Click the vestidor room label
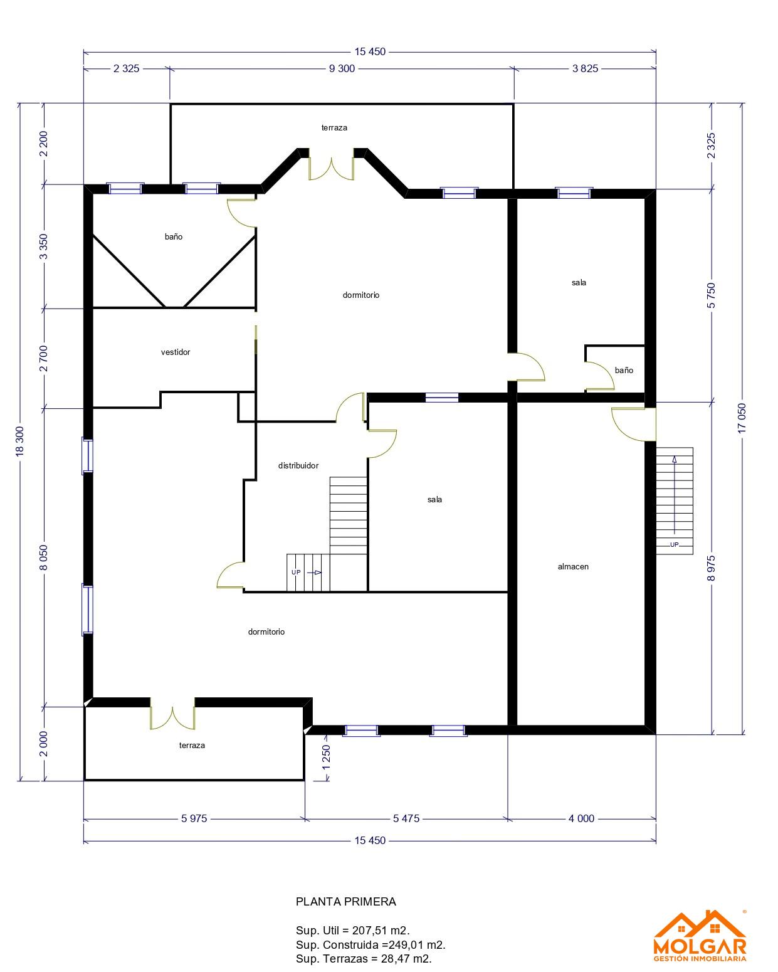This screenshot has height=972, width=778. point(175,352)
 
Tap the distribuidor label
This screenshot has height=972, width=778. point(298,465)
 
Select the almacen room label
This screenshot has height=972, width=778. point(572,566)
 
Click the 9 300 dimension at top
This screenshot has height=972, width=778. point(342,68)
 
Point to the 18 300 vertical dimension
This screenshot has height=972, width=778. point(20,441)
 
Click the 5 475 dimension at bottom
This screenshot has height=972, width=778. point(406,818)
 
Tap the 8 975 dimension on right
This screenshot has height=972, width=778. point(711,568)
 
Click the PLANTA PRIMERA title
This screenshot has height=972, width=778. point(345,902)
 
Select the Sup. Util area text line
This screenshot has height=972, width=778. point(353,931)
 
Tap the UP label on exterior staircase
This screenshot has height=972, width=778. point(674,545)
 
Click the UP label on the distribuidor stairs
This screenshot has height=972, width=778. point(296,573)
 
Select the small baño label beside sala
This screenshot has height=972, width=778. point(624,371)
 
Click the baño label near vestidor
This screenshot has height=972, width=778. point(174,236)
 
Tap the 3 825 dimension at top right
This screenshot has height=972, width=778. point(585,68)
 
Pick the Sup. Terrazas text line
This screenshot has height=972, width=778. point(364,958)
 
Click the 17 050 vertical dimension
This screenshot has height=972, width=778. point(742,418)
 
